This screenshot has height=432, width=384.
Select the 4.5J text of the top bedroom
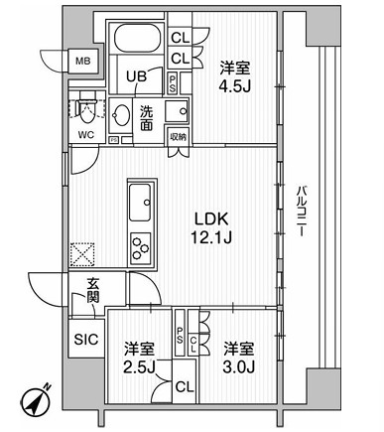coord(234,83)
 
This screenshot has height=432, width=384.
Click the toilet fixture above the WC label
coord(85,107)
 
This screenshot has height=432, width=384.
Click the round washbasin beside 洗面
coord(121,112)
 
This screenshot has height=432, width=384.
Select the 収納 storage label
coord(178,136)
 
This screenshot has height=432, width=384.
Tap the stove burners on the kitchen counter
coord(140,243)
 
